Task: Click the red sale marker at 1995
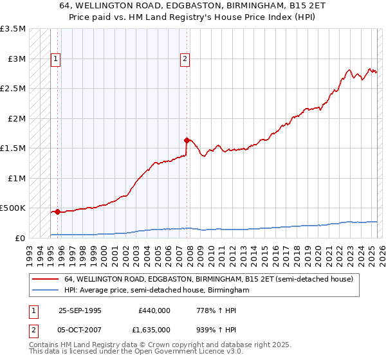click(x=58, y=211)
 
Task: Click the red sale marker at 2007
click(x=187, y=140)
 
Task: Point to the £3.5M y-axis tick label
click(x=13, y=29)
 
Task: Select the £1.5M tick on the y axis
click(x=13, y=148)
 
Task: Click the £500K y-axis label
click(x=13, y=208)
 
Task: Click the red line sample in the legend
click(x=45, y=280)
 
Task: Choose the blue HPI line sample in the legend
click(x=45, y=291)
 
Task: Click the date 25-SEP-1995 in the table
click(x=80, y=310)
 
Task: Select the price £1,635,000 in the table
click(x=154, y=329)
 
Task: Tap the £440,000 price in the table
click(x=154, y=310)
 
